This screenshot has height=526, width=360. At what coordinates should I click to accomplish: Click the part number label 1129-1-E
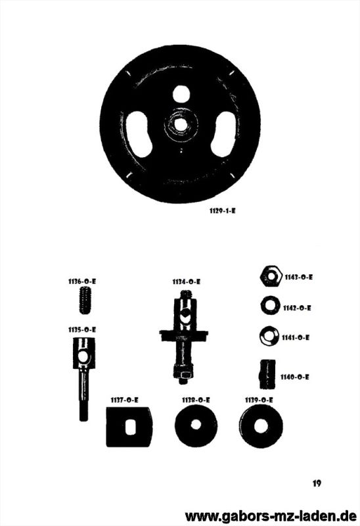[222, 211]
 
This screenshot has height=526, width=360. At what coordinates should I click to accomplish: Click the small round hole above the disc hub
[181, 93]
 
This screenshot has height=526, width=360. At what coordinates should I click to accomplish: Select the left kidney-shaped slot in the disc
[139, 134]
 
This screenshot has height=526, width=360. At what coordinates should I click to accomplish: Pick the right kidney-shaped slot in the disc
[223, 134]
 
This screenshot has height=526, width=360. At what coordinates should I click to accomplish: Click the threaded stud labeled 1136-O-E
[86, 300]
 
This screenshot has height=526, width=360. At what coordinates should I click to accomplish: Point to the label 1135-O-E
[82, 330]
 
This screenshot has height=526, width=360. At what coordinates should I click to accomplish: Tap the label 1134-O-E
[187, 282]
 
